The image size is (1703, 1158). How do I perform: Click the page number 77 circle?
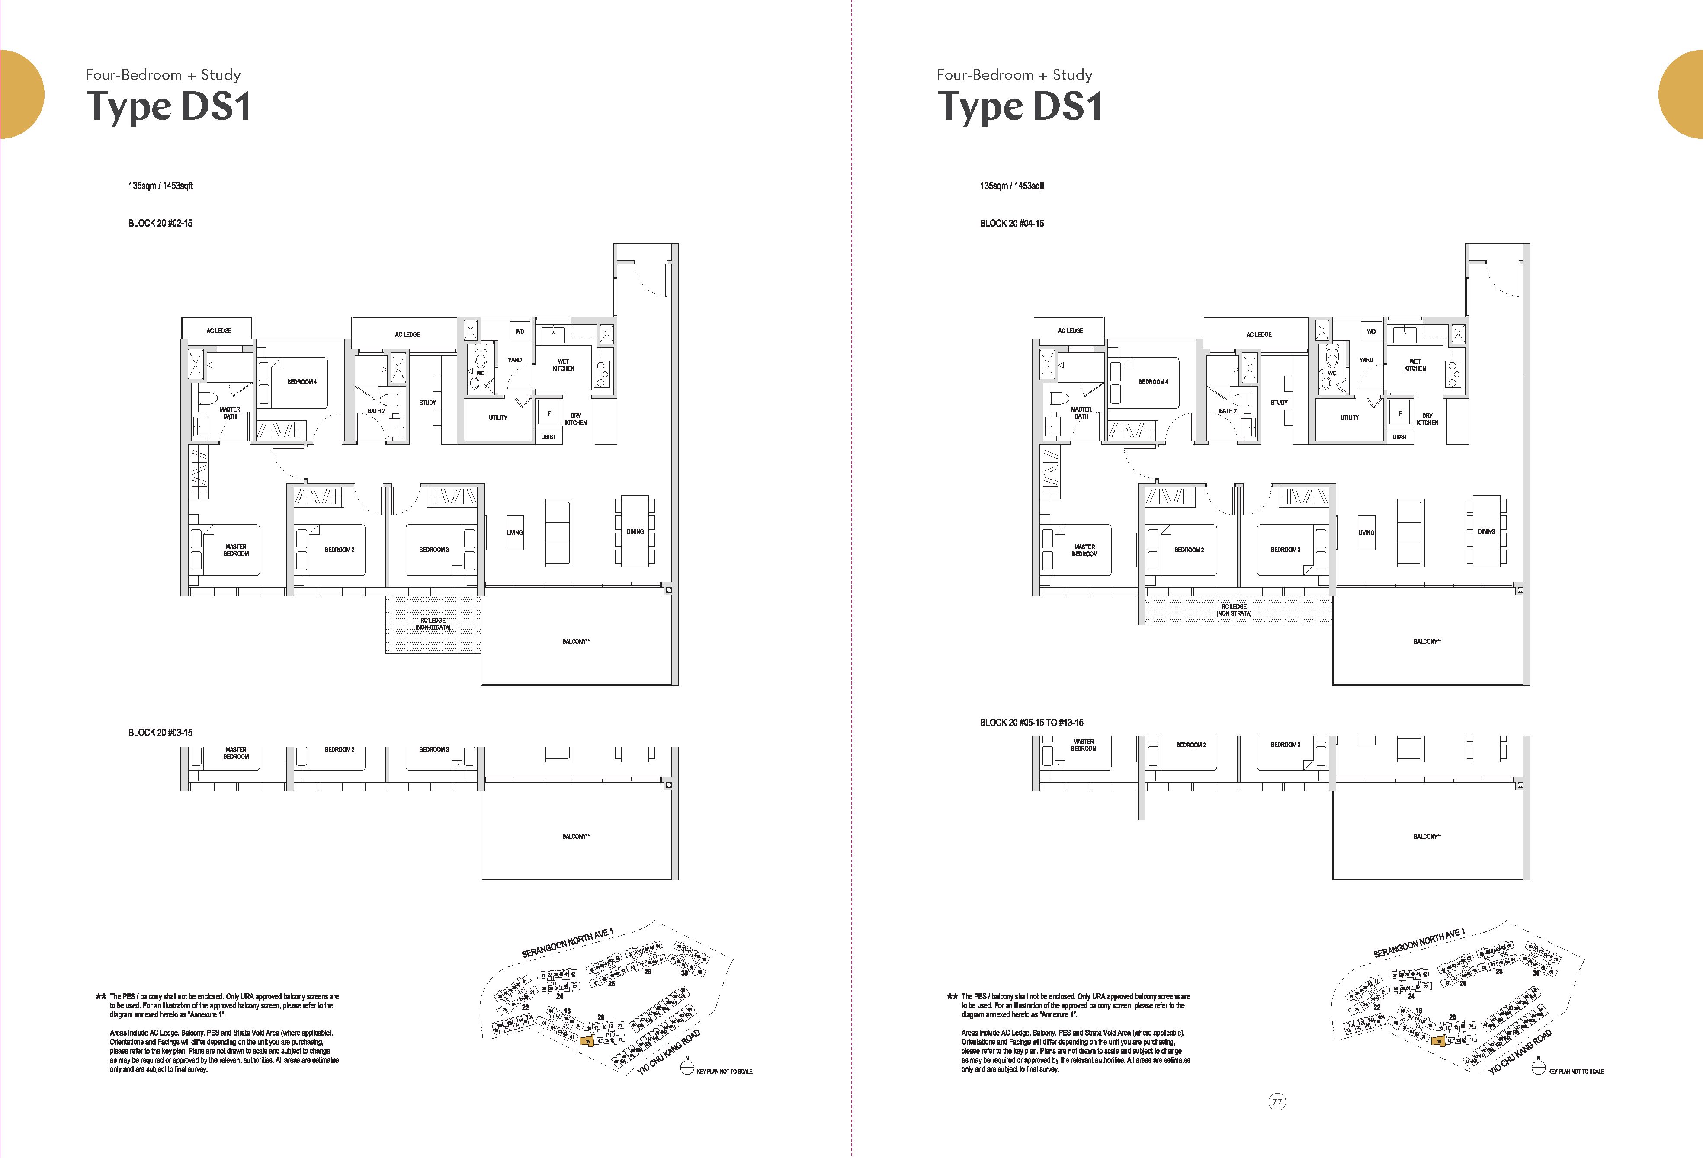1276,1102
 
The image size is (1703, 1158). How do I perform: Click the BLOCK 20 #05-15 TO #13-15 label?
1031,722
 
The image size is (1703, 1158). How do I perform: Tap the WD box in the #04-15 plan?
1371,331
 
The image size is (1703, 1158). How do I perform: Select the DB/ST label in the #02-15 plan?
548,437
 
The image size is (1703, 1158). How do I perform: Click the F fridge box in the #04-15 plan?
1400,413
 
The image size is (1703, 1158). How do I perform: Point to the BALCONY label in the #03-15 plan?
575,836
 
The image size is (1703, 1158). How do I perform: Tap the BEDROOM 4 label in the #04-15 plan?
1153,382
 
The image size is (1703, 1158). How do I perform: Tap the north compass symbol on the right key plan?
1538,1068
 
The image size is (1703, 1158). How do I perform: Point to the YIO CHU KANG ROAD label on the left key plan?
668,1052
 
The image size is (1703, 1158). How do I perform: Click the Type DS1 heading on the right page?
1019,107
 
